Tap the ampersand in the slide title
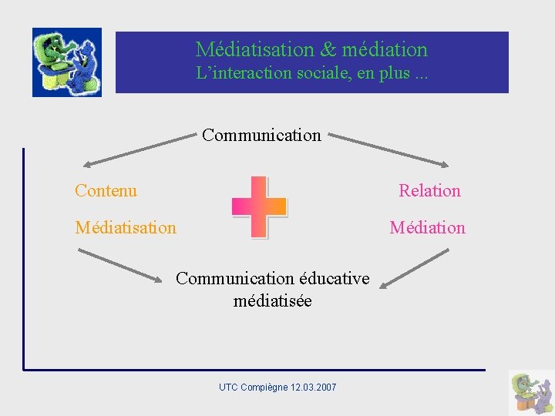click(x=328, y=50)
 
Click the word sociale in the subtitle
click(x=316, y=74)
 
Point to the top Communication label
click(x=261, y=136)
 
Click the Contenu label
click(x=106, y=190)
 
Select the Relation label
click(x=429, y=191)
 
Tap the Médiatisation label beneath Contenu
click(x=126, y=227)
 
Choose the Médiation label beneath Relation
click(x=427, y=227)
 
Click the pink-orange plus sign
click(x=260, y=206)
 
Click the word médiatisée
click(x=273, y=301)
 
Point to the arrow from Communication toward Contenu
click(x=139, y=150)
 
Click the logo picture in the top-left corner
click(x=67, y=62)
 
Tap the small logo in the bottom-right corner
click(x=531, y=392)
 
